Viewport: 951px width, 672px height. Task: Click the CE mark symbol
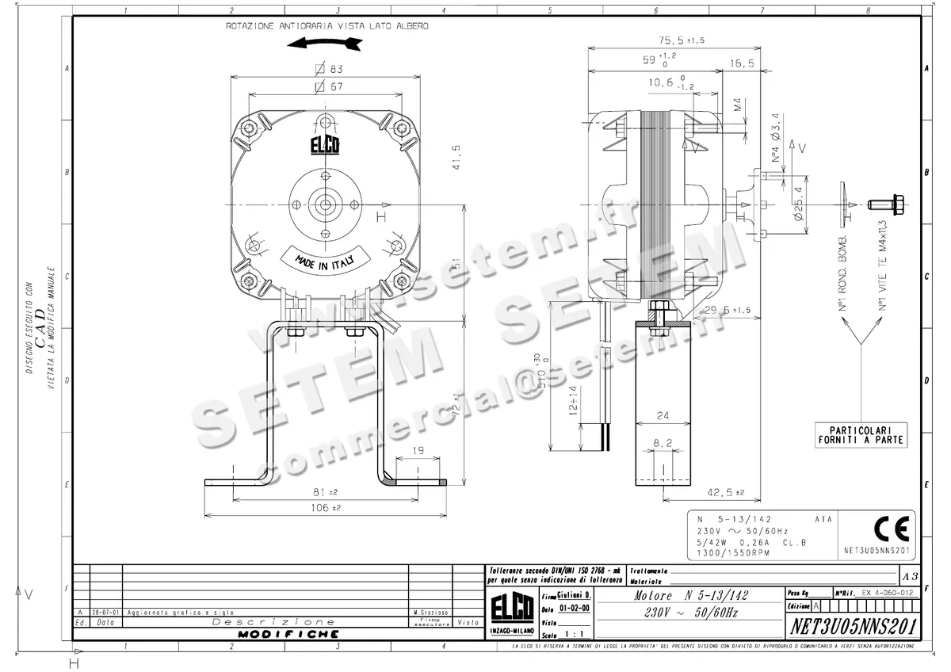pyautogui.click(x=880, y=526)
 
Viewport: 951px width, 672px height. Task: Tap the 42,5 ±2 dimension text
pyautogui.click(x=726, y=493)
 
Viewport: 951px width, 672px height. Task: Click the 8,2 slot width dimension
pyautogui.click(x=663, y=443)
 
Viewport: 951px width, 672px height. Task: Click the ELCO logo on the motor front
pyautogui.click(x=325, y=146)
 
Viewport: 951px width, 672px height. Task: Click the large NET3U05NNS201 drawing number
pyautogui.click(x=854, y=626)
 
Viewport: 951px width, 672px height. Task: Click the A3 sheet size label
pyautogui.click(x=911, y=575)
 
